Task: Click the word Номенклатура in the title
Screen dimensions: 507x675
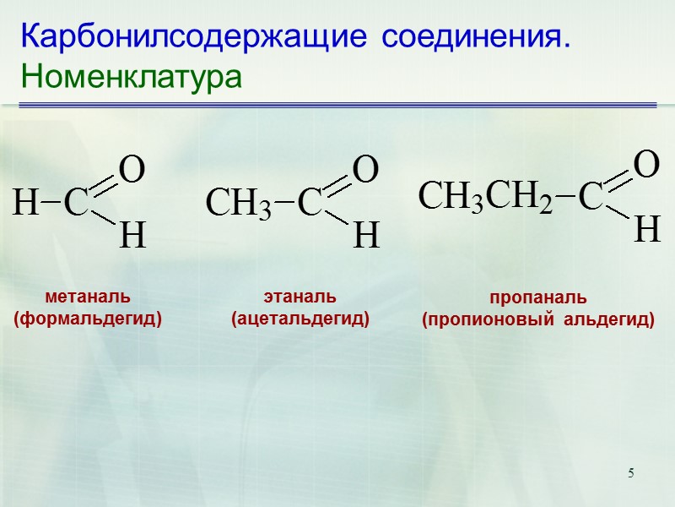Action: pos(132,78)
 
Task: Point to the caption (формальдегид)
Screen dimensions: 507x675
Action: pos(88,319)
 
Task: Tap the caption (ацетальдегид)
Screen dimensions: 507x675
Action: pos(300,319)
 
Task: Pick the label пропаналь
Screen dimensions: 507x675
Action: pos(538,298)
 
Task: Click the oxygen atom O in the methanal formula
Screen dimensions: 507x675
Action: pos(132,171)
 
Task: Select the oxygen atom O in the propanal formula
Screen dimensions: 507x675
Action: pos(645,165)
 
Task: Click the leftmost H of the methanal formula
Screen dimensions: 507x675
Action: pos(26,203)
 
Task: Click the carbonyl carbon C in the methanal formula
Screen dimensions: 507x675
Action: pos(77,203)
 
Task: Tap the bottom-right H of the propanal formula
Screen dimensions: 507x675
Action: pos(646,229)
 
